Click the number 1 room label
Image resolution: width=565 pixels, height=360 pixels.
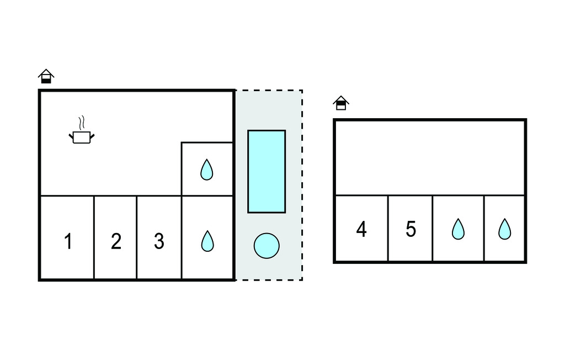[68, 241]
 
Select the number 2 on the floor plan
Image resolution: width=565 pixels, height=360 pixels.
[116, 241]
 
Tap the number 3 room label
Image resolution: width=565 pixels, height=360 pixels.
[159, 241]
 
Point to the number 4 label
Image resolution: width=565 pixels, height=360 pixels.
[361, 229]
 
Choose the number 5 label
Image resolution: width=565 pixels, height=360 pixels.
[411, 229]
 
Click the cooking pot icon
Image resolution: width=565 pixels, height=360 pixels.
[81, 137]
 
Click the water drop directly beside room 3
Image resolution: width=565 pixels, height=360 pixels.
[206, 241]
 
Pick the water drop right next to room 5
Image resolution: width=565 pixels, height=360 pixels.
[458, 229]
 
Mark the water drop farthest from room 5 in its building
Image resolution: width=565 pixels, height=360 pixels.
[504, 229]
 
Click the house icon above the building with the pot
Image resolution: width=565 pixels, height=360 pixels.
[46, 76]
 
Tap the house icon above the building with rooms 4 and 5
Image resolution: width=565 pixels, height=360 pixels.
[341, 103]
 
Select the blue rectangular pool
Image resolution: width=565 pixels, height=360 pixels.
[266, 171]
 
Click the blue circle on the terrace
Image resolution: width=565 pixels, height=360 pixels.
[266, 245]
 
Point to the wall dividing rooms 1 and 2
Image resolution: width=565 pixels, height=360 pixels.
[94, 237]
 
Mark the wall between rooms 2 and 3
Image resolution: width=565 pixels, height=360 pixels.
[136, 237]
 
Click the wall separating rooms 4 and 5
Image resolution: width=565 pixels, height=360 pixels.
[388, 228]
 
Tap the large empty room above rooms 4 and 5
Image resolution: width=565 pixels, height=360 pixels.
[429, 157]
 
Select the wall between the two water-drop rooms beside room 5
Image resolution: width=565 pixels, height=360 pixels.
[484, 228]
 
